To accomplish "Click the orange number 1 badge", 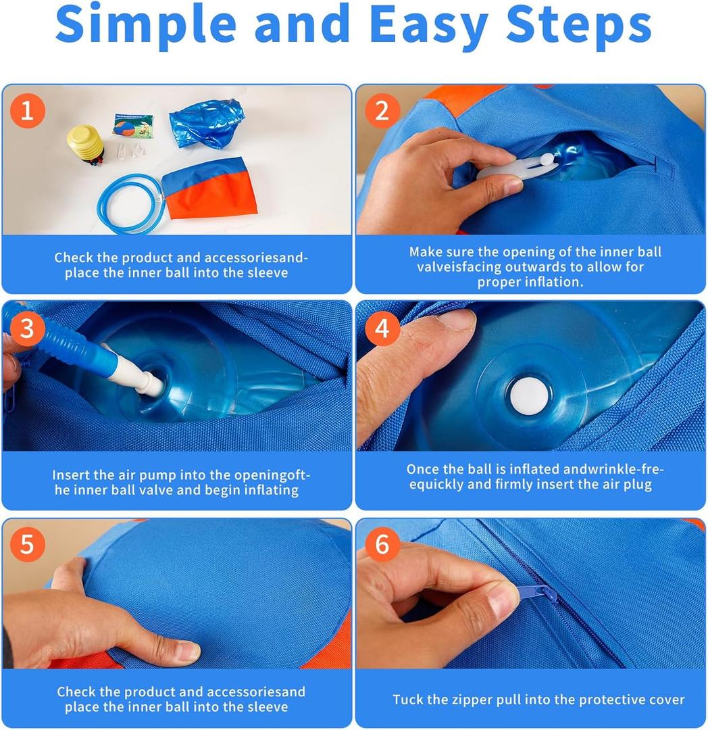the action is pos(28,111).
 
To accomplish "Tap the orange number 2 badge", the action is pos(382,111).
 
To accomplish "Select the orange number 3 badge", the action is pos(28,328).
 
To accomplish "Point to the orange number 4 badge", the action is pos(382,328).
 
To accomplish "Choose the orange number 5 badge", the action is pos(28,543).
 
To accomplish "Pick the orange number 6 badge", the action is pos(382,543).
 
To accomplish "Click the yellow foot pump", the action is pos(86,145).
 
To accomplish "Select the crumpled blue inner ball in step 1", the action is pos(207,124).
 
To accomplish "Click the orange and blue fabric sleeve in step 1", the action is pos(209,188).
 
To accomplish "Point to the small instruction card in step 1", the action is pos(133,125).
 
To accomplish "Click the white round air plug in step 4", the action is pos(530,396).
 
